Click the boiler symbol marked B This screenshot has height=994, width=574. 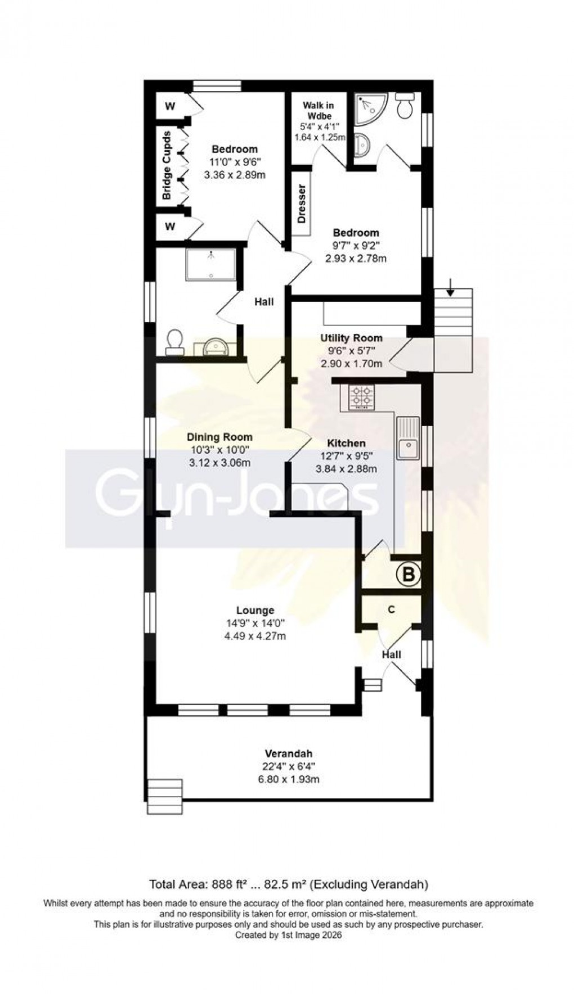pos(409,575)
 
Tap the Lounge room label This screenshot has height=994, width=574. pos(255,610)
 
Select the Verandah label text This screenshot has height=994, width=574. pos(289,753)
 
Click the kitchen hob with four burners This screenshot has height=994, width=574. pos(361,397)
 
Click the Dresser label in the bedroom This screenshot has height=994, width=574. pos(302,204)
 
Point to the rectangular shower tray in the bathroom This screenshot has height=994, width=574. pos(211,264)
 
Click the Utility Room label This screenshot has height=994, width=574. pos(351,338)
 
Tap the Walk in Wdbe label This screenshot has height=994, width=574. pos(318,110)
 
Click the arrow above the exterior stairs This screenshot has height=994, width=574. pos(450,287)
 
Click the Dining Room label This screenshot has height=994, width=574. pos(219,437)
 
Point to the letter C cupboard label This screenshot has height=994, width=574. pos(391,609)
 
